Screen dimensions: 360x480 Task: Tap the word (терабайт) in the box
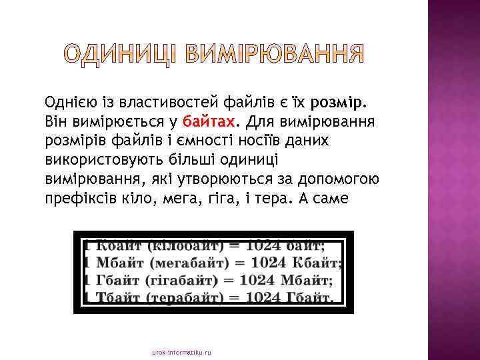click(x=179, y=297)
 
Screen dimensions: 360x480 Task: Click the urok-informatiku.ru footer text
click(x=181, y=351)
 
